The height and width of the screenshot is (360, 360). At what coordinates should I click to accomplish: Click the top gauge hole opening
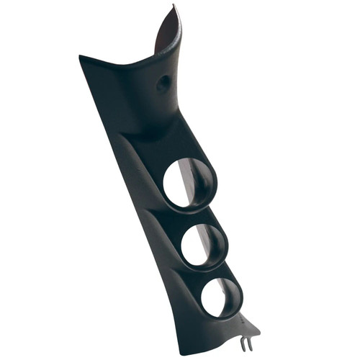189,183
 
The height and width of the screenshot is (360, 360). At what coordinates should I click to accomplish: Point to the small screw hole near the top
163,84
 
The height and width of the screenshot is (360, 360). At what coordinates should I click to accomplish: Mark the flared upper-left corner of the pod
83,58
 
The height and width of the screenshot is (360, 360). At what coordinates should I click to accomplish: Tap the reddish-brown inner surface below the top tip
167,36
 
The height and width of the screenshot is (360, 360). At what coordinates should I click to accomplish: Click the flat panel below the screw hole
155,115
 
